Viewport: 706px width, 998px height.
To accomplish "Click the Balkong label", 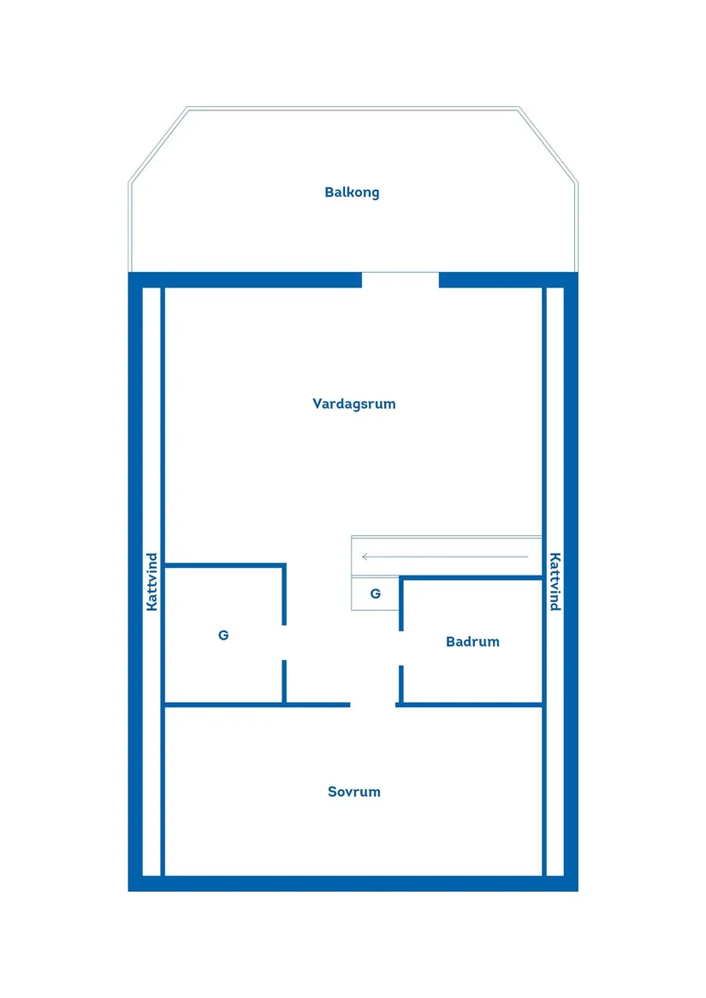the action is click(352, 192).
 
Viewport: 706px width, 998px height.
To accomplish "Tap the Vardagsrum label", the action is click(353, 404).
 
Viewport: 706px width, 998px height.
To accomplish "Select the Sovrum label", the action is click(353, 792).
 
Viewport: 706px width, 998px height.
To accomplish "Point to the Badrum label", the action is click(472, 641).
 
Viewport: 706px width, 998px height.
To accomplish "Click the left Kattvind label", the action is click(151, 582).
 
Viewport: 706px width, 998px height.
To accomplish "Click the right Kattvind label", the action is click(555, 582).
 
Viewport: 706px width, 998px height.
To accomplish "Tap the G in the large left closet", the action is click(223, 635).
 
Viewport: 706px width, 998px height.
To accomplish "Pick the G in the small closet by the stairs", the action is click(376, 593).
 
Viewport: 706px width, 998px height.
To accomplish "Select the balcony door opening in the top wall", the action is click(400, 280).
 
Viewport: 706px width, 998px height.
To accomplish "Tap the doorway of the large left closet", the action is click(284, 643).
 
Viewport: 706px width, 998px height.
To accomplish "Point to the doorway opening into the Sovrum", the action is click(373, 705).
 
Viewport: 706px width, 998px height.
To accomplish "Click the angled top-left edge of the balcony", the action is click(158, 145).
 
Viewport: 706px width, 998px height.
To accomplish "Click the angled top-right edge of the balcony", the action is click(548, 145).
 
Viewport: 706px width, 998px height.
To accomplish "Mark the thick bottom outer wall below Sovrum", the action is click(353, 883).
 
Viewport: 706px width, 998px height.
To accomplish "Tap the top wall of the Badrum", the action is click(472, 578).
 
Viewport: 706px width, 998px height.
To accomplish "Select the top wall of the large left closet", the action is click(225, 564).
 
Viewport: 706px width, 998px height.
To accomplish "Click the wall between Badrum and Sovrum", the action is click(470, 705).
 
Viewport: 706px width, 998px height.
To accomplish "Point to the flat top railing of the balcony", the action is click(353, 109).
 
